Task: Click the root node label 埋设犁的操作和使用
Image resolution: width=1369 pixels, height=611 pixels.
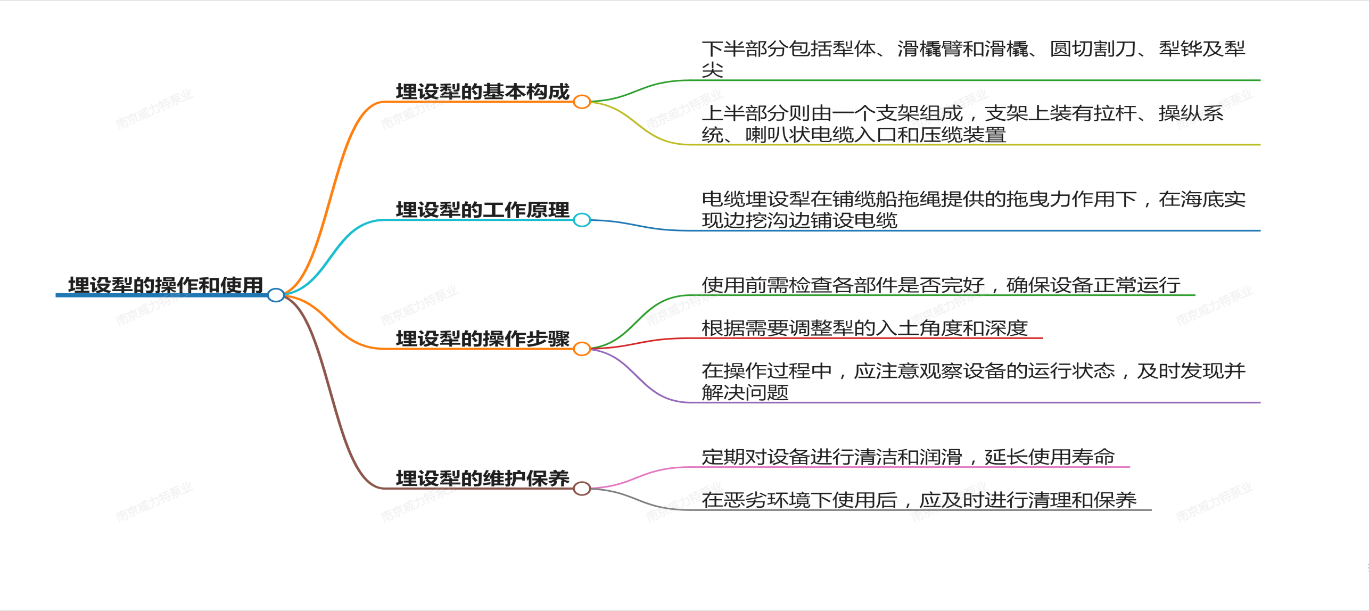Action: coord(166,285)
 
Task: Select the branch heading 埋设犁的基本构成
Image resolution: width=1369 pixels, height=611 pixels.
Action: coord(482,92)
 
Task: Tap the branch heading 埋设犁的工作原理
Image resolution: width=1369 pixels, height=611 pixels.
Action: coord(482,210)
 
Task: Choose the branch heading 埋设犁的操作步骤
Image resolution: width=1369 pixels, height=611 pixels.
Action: coord(482,338)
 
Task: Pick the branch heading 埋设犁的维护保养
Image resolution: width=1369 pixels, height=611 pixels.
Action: coord(482,478)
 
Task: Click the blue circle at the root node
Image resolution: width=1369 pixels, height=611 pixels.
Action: coord(276,295)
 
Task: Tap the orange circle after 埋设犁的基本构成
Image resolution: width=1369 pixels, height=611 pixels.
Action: coord(582,102)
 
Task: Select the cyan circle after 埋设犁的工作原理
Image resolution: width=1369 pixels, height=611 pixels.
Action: coord(582,220)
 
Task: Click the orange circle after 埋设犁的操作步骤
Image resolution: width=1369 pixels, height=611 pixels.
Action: coord(582,349)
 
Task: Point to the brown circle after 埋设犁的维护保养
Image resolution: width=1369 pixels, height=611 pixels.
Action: coord(582,488)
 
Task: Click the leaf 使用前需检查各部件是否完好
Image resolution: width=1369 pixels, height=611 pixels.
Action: coord(941,285)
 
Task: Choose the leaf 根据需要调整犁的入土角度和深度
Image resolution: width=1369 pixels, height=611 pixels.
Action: coord(864,328)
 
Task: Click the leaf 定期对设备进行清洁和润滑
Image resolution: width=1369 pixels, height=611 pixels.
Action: coord(908,457)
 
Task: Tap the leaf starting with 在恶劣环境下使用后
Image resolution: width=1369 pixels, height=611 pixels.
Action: coord(919,500)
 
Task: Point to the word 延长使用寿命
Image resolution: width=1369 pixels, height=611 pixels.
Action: coord(1049,457)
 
